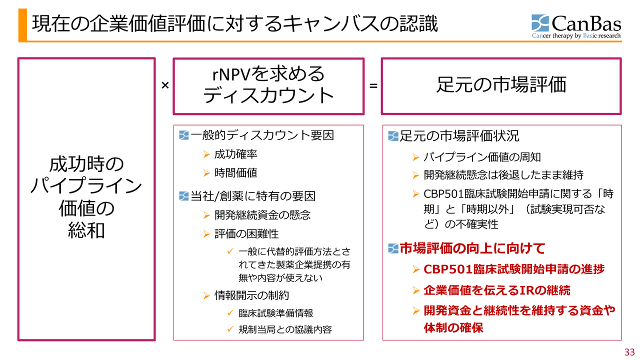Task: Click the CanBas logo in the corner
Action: (x=576, y=26)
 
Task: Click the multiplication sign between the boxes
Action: (x=165, y=85)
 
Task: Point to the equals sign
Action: (x=373, y=86)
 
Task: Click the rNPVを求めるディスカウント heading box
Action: (x=268, y=85)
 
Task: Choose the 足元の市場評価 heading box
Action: (x=501, y=85)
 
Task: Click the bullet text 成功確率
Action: (x=235, y=154)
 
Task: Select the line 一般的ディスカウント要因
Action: (x=262, y=135)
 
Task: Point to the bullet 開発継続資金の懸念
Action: (x=262, y=215)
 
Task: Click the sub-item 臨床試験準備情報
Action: (x=275, y=313)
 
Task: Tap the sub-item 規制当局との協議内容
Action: (x=285, y=329)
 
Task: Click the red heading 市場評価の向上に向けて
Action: (x=472, y=248)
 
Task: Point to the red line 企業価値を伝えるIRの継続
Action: (x=496, y=290)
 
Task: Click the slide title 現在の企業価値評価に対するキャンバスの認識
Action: (x=235, y=24)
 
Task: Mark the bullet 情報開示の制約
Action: (x=251, y=295)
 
